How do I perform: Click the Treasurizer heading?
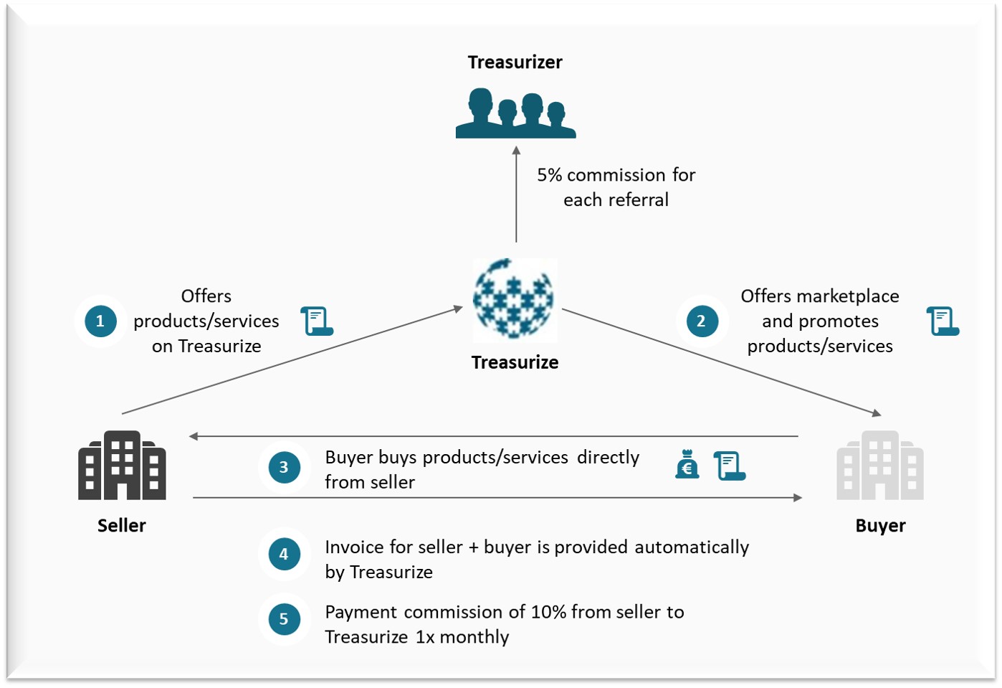(x=515, y=62)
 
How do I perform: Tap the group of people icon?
(x=515, y=113)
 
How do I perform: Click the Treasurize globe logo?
(x=513, y=298)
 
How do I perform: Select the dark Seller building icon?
(x=122, y=466)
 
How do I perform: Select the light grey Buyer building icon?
(x=879, y=466)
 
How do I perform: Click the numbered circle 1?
(x=100, y=321)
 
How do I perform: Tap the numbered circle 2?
(x=701, y=321)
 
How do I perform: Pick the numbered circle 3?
(x=284, y=468)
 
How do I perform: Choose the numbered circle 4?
(x=284, y=554)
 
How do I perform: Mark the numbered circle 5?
(x=284, y=619)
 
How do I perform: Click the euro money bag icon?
(x=687, y=465)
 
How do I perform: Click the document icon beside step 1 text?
(x=317, y=321)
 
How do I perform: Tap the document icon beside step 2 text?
(x=943, y=321)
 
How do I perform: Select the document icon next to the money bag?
(x=730, y=466)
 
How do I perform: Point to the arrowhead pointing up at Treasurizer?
(x=516, y=151)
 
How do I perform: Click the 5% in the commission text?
(x=549, y=175)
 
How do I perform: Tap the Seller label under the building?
(x=122, y=526)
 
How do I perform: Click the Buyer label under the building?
(x=880, y=526)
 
